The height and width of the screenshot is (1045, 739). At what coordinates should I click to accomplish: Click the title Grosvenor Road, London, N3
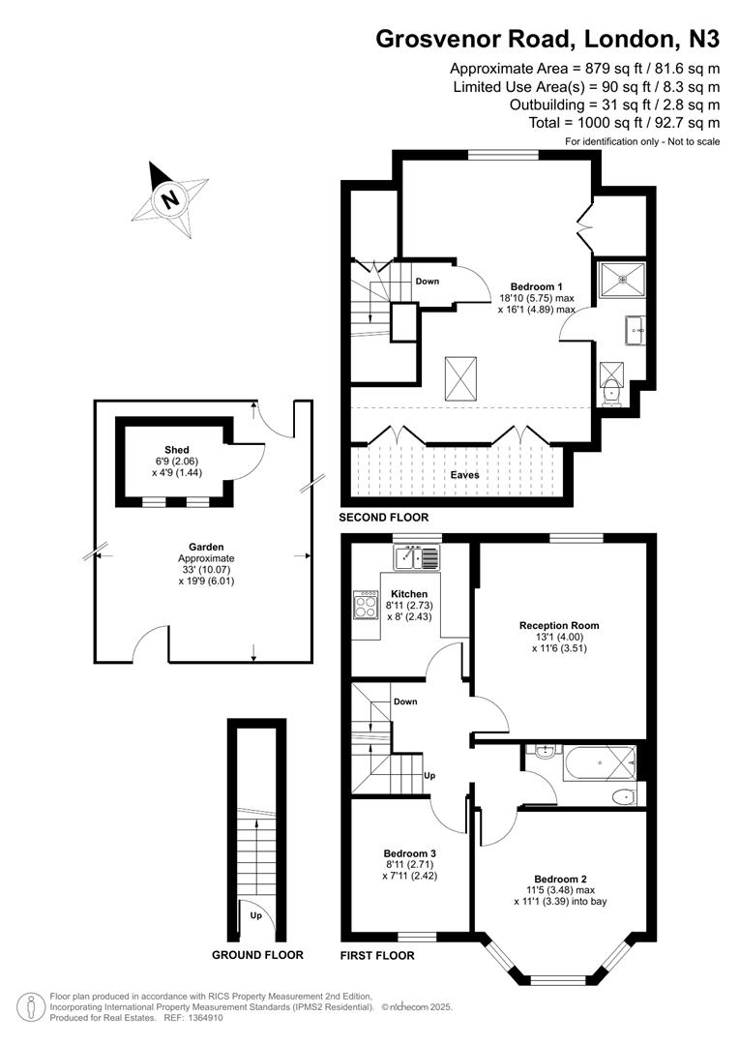[547, 39]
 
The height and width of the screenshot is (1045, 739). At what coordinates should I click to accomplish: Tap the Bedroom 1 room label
[531, 286]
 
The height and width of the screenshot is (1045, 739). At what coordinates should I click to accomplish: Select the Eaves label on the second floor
[463, 475]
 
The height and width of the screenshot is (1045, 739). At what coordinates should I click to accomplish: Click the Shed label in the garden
[176, 450]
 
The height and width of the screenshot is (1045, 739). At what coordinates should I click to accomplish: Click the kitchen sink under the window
[416, 557]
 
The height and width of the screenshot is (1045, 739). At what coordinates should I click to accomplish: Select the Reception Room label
[558, 626]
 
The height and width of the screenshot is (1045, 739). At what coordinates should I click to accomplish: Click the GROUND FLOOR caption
[257, 955]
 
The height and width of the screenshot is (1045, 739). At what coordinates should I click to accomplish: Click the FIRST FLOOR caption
[377, 956]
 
